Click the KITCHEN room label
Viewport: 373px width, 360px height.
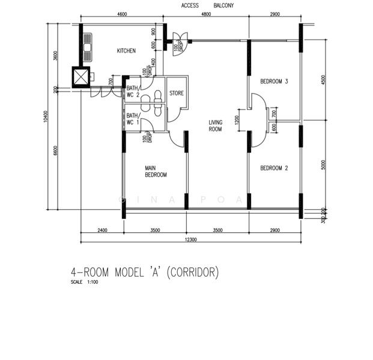pyautogui.click(x=126, y=51)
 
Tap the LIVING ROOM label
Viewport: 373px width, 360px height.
pyautogui.click(x=215, y=125)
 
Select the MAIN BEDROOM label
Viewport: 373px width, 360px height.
pyautogui.click(x=156, y=172)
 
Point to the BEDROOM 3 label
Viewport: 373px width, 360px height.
pyautogui.click(x=274, y=82)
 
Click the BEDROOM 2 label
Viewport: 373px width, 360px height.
pyautogui.click(x=274, y=169)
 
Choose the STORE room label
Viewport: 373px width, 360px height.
pyautogui.click(x=176, y=94)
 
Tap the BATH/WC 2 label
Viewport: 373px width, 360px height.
pyautogui.click(x=133, y=91)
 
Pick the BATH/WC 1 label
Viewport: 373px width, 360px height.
pyautogui.click(x=133, y=118)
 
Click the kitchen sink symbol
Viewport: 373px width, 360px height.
pyautogui.click(x=88, y=46)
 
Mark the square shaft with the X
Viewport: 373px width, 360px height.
pyautogui.click(x=80, y=77)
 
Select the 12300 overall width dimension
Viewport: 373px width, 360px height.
pyautogui.click(x=189, y=239)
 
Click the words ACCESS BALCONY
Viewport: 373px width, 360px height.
pyautogui.click(x=207, y=6)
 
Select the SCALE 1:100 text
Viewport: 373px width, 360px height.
pyautogui.click(x=84, y=282)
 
